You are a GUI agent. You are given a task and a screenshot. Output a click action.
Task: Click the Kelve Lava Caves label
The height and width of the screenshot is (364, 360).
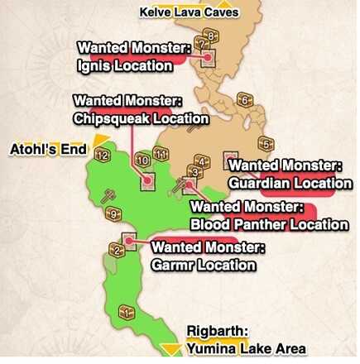190,12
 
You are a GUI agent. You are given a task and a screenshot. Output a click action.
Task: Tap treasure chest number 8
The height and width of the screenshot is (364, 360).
211,36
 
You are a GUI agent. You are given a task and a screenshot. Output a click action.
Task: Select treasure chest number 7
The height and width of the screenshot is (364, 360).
201,44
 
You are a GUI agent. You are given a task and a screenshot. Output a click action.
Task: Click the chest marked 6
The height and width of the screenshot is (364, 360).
244,100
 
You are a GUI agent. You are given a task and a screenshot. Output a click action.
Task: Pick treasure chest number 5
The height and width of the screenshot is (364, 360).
266,143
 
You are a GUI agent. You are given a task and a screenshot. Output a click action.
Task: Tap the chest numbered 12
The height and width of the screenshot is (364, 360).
103,154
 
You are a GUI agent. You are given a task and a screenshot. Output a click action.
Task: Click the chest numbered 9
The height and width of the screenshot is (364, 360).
114,215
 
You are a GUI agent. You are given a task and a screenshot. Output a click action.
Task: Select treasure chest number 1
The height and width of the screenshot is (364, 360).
126,312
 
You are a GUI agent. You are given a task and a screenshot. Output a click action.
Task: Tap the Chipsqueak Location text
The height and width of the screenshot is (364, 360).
141,119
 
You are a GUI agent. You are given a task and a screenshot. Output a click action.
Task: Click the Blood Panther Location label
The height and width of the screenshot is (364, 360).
269,224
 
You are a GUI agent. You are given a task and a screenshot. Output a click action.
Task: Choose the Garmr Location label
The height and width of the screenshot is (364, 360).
204,265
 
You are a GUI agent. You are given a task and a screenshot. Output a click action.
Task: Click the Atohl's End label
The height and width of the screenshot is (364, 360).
48,150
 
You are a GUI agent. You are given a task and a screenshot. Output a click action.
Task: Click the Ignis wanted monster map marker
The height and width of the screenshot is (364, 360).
205,58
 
